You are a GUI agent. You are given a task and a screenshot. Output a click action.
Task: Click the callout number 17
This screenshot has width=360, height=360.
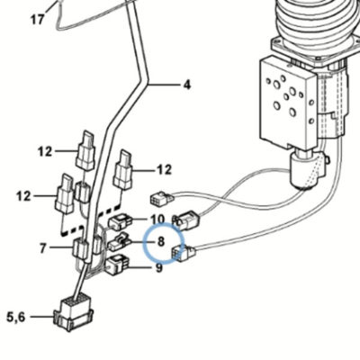(x=38, y=20)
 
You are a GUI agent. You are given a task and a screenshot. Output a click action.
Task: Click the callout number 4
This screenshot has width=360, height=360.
(x=187, y=85)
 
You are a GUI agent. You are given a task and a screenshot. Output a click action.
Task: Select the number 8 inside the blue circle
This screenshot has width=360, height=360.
(x=161, y=241)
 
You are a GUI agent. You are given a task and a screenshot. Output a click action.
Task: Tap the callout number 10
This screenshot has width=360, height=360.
(x=157, y=220)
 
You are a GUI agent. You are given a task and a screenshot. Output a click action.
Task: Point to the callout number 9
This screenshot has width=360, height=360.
(x=158, y=267)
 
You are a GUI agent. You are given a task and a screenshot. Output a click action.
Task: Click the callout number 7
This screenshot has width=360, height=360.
(x=43, y=248)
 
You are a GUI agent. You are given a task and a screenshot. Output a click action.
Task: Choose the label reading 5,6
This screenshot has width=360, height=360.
(x=16, y=317)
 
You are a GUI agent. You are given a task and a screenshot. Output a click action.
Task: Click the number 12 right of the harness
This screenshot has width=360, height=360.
(x=164, y=170)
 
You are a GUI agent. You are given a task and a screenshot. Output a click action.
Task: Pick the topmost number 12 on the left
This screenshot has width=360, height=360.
(x=45, y=152)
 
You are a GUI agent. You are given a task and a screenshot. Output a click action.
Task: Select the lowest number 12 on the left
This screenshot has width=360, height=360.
(x=23, y=196)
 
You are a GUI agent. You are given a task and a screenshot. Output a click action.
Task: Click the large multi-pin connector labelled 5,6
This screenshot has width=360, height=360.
(x=73, y=314)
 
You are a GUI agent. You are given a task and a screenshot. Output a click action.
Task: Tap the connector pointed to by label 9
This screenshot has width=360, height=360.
(x=117, y=265)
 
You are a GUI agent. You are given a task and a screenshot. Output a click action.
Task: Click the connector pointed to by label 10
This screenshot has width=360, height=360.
(x=120, y=222)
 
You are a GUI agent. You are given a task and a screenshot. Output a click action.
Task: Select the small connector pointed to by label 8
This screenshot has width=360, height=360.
(x=118, y=243)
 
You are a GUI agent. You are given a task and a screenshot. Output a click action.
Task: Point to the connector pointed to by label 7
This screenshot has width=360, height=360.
(x=80, y=248)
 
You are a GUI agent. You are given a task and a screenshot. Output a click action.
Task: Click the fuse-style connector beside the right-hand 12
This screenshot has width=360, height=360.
(x=122, y=170)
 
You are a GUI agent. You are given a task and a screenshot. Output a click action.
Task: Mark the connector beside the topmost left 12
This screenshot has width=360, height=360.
(x=85, y=151)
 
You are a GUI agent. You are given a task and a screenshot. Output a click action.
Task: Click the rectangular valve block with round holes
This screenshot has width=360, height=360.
(x=288, y=102)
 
